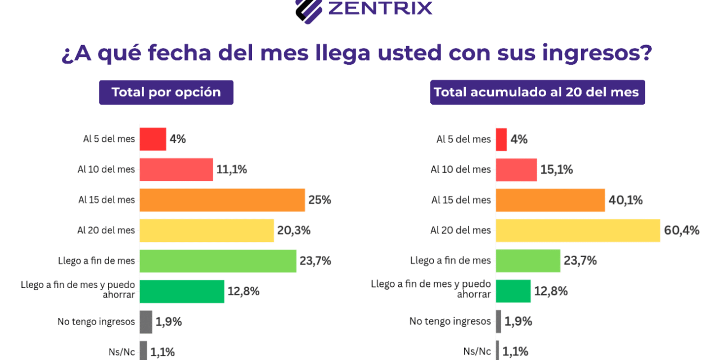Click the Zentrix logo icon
point(309,10)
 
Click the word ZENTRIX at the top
point(380,8)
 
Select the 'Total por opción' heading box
point(166,92)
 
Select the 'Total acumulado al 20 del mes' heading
point(537,92)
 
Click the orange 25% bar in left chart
point(222,200)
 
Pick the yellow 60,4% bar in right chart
point(577,230)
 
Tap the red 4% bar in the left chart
point(152,139)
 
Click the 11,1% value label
point(232,169)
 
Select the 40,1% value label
point(625,200)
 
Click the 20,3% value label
point(294,230)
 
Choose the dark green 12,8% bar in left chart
point(182,291)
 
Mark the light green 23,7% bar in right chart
point(528,260)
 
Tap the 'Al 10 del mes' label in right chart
point(461,169)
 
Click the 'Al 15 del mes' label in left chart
point(106,200)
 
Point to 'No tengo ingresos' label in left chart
point(96,321)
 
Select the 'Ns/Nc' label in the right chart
point(477,352)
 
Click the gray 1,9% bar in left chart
point(146,321)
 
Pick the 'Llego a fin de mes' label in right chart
point(451,260)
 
